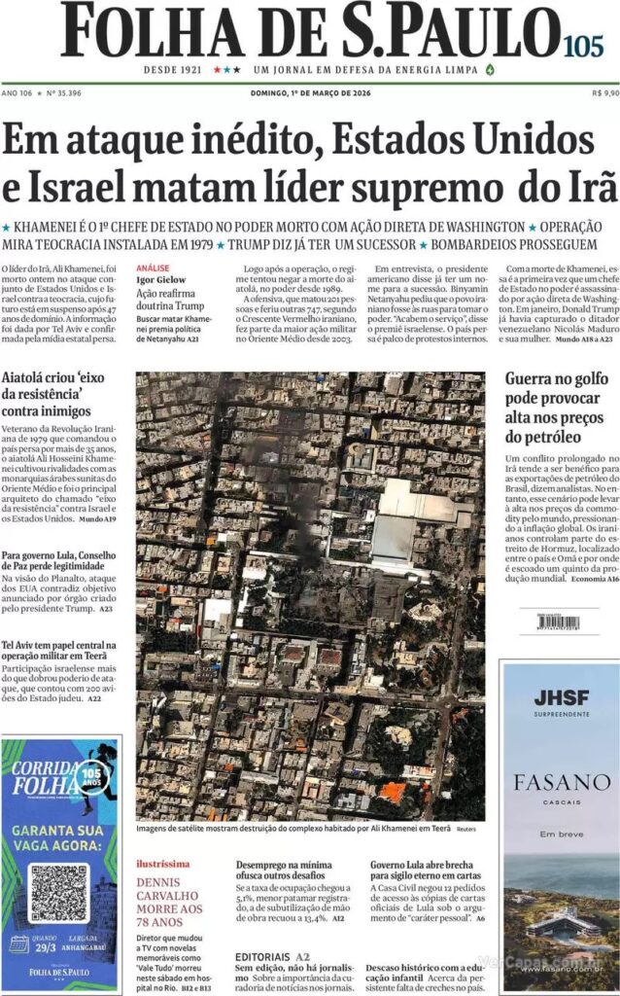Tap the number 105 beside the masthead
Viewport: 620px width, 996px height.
(x=582, y=44)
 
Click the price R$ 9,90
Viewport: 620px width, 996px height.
(x=604, y=93)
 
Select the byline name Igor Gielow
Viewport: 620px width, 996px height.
(x=161, y=279)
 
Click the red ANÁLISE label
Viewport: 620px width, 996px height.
(x=153, y=267)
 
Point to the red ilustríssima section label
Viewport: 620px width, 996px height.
(x=162, y=864)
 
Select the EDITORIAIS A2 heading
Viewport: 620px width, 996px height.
(x=271, y=957)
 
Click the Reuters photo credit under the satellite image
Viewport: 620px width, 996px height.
(x=466, y=830)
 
